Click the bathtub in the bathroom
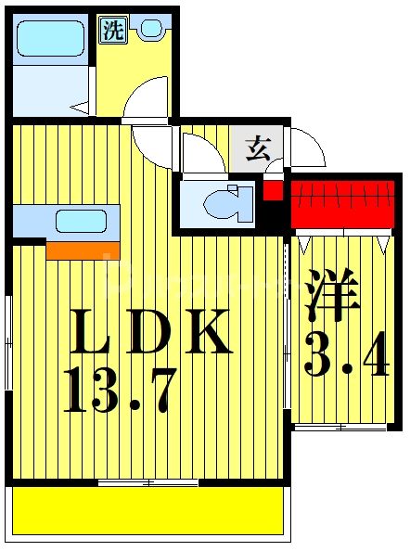click(x=52, y=40)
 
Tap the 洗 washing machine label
click(x=112, y=30)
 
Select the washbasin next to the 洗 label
click(x=149, y=29)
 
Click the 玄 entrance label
click(x=256, y=146)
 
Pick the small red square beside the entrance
click(x=273, y=192)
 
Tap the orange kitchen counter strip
click(x=82, y=249)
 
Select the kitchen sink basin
click(x=81, y=222)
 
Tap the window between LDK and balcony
click(x=147, y=482)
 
